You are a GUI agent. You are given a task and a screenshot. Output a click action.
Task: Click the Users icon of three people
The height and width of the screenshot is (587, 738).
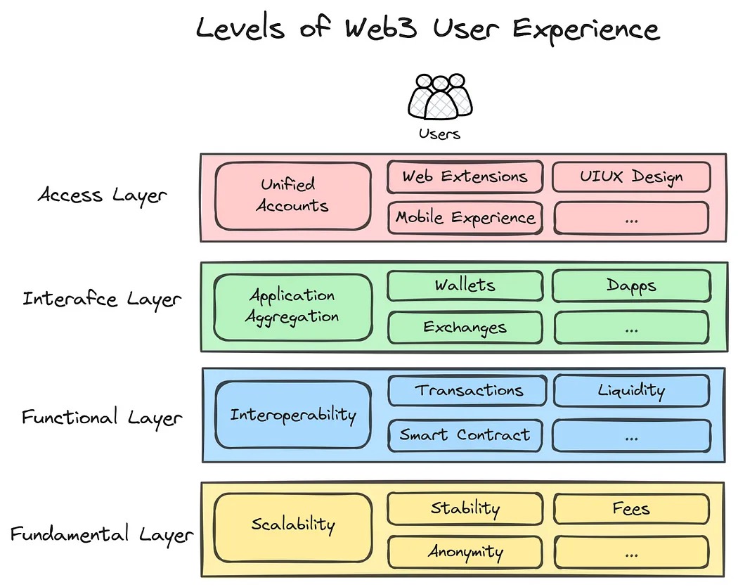440,97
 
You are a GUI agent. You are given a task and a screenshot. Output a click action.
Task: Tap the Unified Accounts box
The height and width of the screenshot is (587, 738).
293,196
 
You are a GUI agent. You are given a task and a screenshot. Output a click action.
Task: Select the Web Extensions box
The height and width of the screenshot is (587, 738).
465,177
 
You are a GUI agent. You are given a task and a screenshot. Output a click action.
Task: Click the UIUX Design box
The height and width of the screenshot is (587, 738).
631,176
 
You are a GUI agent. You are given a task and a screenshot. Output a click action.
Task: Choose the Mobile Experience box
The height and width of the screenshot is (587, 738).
465,217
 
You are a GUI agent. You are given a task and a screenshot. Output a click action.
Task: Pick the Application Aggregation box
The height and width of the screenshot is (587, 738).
293,307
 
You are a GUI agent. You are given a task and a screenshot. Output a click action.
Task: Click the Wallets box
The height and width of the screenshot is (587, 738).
465,285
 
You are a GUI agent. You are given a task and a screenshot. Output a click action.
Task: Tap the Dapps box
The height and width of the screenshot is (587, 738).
631,285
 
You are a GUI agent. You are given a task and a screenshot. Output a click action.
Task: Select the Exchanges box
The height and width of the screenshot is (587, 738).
465,327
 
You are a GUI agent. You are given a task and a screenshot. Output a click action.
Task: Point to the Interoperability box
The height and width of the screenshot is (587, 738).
293,415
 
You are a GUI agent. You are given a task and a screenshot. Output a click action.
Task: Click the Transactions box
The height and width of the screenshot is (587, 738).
467,390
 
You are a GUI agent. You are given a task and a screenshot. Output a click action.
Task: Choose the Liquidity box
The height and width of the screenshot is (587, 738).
631,390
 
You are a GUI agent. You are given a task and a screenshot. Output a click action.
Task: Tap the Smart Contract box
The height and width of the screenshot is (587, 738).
465,435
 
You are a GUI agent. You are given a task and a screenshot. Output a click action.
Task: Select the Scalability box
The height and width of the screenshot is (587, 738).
293,527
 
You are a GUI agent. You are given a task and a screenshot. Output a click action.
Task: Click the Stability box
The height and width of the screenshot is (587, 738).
465,508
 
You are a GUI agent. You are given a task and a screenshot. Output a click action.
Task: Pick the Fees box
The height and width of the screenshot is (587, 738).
631,508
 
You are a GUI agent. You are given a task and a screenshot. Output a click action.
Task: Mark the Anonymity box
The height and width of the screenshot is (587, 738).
465,552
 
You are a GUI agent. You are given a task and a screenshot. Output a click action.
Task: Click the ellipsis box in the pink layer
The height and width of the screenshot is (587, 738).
631,218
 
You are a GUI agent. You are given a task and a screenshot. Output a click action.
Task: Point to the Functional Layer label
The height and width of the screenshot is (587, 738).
102,418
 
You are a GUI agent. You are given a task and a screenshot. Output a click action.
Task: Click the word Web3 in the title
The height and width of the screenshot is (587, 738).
381,27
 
